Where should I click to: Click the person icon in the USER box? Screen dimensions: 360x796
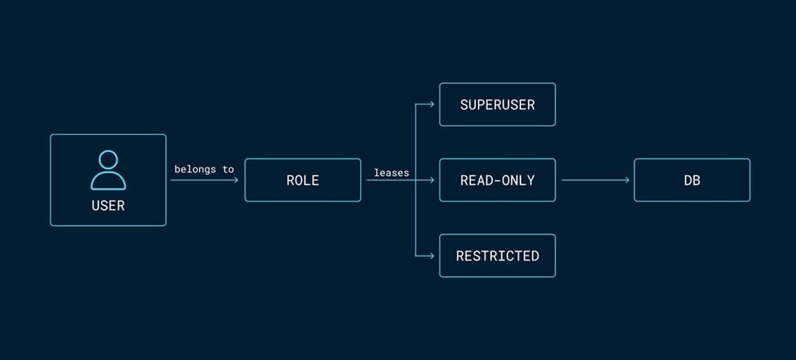click(x=108, y=170)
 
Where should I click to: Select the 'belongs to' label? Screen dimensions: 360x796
click(x=204, y=169)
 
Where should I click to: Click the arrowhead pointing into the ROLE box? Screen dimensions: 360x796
click(x=236, y=180)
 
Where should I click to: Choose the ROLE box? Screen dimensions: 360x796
click(x=302, y=180)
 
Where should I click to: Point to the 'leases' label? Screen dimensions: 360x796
click(x=391, y=172)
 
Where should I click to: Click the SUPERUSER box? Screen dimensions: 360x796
click(x=497, y=105)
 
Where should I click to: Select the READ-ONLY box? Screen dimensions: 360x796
click(x=497, y=180)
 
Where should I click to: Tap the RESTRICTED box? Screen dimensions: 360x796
click(x=497, y=256)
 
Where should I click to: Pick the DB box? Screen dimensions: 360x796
click(x=692, y=180)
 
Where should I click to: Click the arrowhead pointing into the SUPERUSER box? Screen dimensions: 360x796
click(x=432, y=105)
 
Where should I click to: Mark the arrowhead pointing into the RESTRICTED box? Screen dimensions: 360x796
click(x=432, y=256)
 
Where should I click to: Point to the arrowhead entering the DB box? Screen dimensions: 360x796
click(x=627, y=180)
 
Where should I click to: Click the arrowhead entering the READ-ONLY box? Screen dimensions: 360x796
click(x=432, y=180)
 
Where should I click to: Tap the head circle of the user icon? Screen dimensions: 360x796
click(x=108, y=160)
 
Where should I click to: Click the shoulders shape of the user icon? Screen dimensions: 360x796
click(x=108, y=182)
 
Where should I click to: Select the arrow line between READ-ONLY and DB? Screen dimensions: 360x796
click(x=594, y=180)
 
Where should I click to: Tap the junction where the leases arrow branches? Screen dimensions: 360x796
click(x=416, y=180)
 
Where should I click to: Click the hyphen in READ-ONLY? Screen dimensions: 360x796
click(x=497, y=181)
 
